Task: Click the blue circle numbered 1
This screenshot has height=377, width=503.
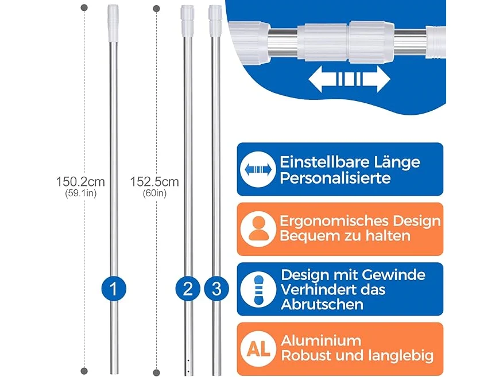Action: point(114,289)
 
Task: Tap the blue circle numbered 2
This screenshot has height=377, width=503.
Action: point(188,289)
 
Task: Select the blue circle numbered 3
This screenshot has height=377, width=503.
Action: point(216,289)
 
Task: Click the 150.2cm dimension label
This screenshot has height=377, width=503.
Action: point(80,182)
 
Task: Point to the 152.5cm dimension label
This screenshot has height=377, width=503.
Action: point(154,182)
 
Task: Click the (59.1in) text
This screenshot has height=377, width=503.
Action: point(81,193)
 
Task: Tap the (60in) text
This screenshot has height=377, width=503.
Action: point(154,193)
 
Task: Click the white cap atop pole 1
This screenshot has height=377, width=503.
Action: point(113,23)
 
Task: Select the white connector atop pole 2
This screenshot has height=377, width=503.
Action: point(187,20)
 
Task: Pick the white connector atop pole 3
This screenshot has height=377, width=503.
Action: point(215,20)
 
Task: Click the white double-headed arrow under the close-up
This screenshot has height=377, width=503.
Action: point(349,79)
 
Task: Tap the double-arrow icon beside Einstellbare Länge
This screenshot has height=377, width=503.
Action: point(258,169)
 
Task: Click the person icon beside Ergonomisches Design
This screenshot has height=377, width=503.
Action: point(258,229)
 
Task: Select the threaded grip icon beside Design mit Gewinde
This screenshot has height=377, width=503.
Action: point(258,289)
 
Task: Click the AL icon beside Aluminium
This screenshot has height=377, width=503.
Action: point(258,349)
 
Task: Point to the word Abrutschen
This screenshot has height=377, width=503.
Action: point(322,304)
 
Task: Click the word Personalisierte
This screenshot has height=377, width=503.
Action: point(335,178)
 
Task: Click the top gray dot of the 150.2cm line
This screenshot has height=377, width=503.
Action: point(84,7)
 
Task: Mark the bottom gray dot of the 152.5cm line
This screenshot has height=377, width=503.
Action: point(157,373)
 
